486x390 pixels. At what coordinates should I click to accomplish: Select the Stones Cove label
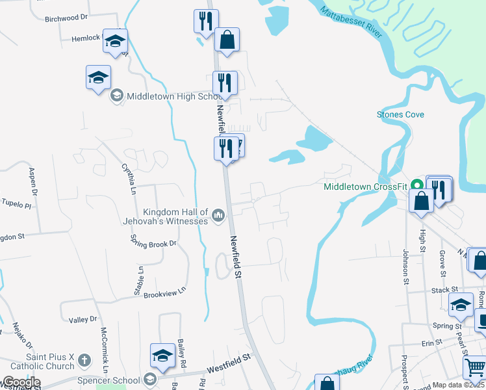click(x=400, y=114)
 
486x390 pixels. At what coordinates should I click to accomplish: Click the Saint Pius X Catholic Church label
click(x=42, y=362)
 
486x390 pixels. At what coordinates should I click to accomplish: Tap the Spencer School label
click(x=112, y=380)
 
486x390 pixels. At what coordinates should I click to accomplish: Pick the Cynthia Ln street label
click(x=128, y=178)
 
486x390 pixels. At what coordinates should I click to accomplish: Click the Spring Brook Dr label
click(x=153, y=244)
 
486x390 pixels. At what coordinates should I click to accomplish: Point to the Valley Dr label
click(x=83, y=320)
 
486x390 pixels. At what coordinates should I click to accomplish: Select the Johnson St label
click(x=406, y=266)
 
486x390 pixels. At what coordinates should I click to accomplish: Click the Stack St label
click(x=444, y=289)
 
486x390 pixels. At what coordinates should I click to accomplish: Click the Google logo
click(x=21, y=382)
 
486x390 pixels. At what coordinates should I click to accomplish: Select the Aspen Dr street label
click(x=32, y=181)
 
